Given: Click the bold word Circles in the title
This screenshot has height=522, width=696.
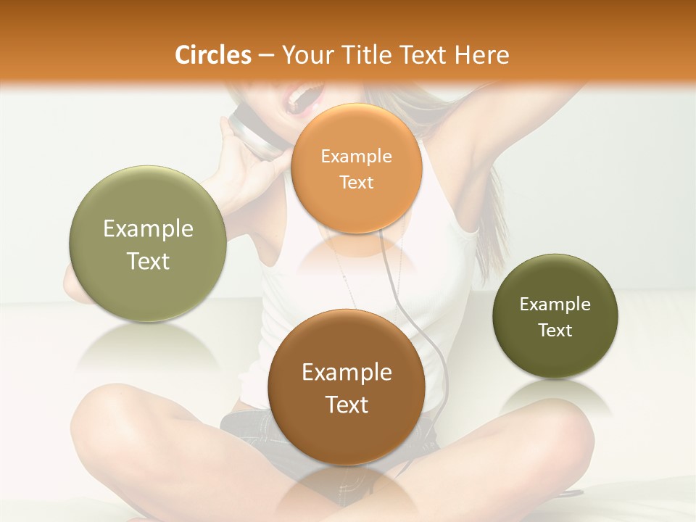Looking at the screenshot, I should pos(212,55).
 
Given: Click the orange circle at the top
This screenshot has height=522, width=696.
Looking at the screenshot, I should pos(356,168).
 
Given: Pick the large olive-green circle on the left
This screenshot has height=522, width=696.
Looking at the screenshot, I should pos(148,244).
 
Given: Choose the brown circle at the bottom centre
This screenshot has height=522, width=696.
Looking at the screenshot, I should pos(347,387).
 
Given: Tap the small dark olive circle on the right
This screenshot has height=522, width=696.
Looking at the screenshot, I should pos(555,316).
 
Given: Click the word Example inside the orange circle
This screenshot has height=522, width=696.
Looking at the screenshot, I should pos(356,156).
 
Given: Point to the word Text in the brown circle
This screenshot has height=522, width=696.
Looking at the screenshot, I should pos(347,405).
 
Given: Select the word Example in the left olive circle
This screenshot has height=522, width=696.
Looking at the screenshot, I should pos(148,229).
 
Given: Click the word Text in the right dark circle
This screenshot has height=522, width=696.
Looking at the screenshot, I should pos(555,331).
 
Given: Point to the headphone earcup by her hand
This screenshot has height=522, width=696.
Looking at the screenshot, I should pos(254,134).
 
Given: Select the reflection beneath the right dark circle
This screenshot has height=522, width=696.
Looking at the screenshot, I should pos(555,399).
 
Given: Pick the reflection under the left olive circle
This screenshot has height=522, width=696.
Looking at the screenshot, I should pos(148,344).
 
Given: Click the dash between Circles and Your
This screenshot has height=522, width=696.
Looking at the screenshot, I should pos(266,56).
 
